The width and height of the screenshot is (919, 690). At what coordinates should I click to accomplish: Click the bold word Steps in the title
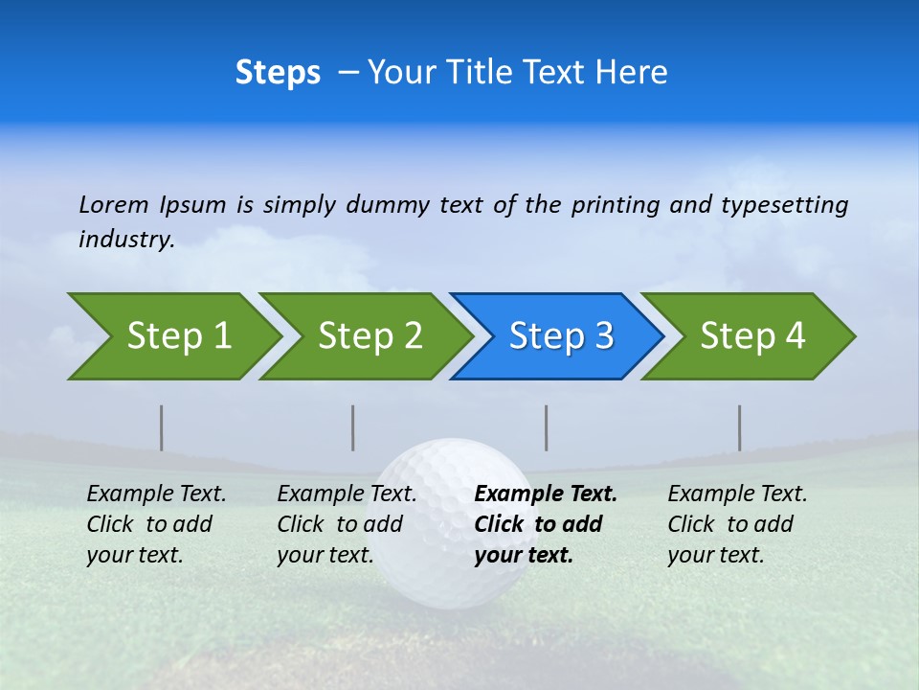(278, 72)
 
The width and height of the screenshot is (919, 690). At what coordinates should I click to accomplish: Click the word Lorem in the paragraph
(114, 204)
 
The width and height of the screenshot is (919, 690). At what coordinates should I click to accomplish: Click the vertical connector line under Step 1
(162, 427)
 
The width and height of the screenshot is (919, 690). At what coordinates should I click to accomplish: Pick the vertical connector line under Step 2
(353, 427)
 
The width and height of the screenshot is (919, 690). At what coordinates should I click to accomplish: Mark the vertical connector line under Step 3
(546, 427)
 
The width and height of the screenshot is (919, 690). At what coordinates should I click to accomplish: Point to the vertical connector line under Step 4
(739, 427)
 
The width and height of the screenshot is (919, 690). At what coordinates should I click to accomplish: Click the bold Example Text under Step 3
(546, 494)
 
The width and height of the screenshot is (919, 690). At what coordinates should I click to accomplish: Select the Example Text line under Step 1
(156, 494)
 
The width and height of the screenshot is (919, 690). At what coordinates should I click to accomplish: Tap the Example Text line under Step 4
(737, 494)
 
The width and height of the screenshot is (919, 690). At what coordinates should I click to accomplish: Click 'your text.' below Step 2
(325, 555)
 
